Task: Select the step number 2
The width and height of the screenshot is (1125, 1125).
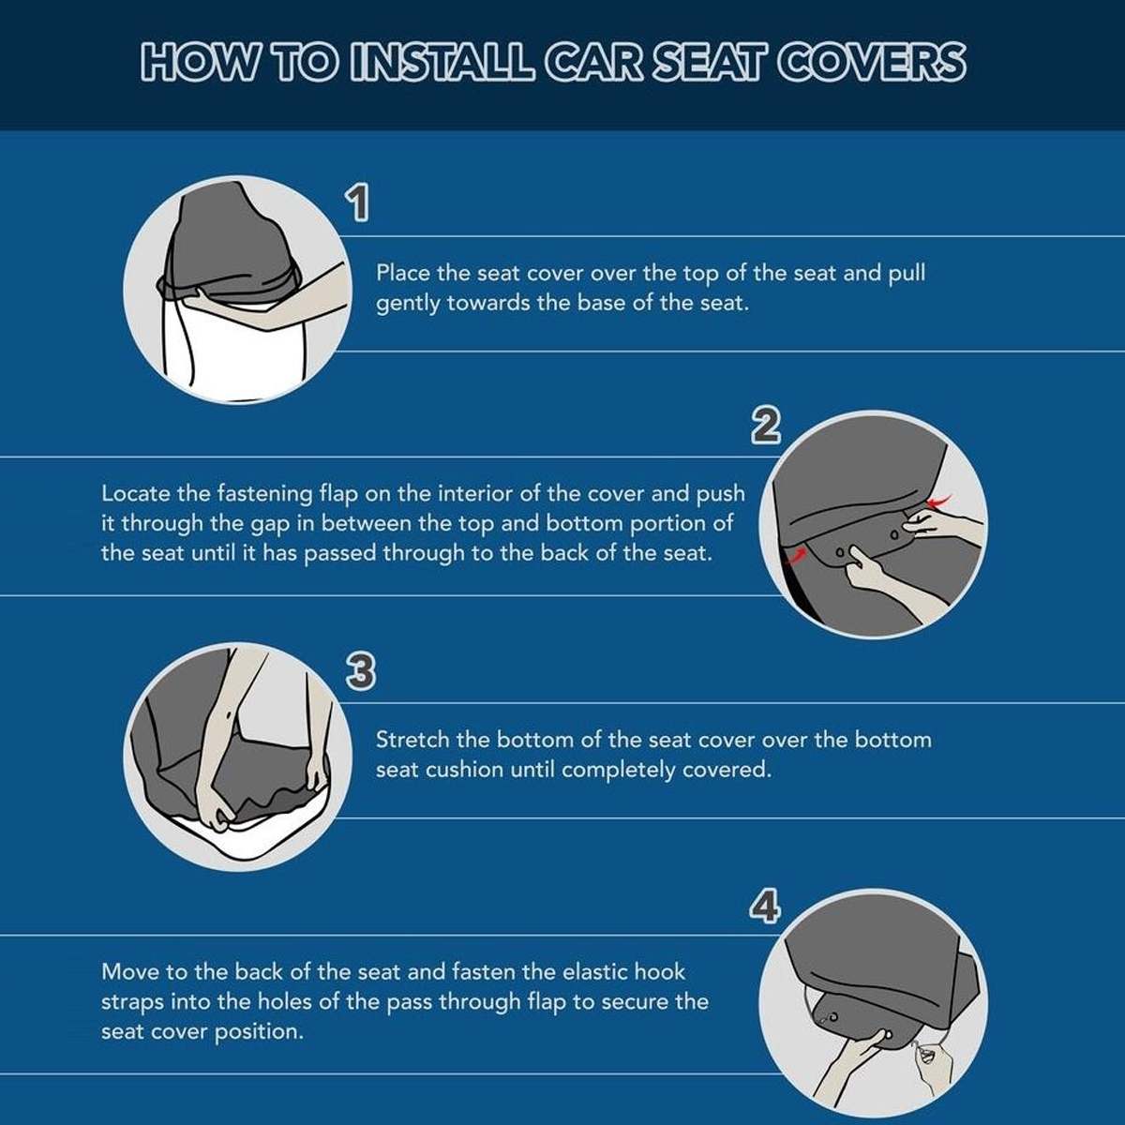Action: [766, 426]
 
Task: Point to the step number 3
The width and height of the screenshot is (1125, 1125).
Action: [360, 671]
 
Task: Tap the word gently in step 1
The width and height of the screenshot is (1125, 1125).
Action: [408, 304]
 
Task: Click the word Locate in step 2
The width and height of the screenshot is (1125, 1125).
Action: [128, 493]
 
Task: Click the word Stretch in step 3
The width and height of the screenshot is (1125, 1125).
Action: [412, 740]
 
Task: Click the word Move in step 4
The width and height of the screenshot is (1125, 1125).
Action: [128, 971]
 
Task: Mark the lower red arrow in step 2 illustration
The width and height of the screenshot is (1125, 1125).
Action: [797, 555]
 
